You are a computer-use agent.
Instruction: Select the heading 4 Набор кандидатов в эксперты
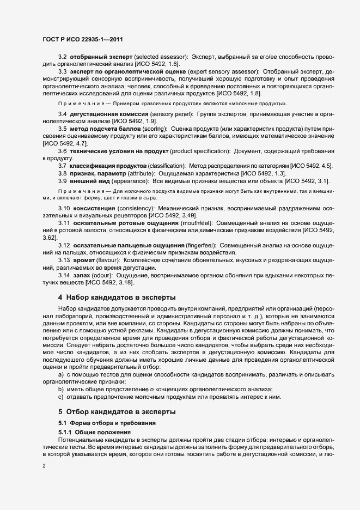117,297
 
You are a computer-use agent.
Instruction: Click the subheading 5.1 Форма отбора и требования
103,423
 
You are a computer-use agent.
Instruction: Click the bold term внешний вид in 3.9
92,180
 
